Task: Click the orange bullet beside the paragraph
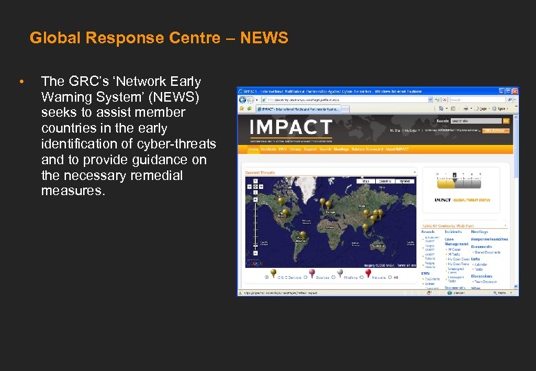[x=22, y=82]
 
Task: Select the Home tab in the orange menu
[x=254, y=149]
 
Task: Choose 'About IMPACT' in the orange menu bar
[x=397, y=149]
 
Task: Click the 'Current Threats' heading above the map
[x=260, y=172]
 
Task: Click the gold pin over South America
[x=302, y=235]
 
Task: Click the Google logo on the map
[x=254, y=262]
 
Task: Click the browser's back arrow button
[x=243, y=100]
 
